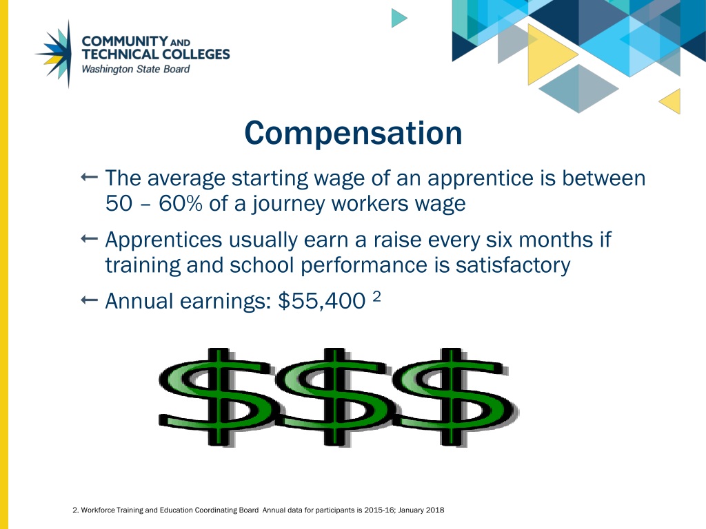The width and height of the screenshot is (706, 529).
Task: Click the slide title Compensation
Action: (x=353, y=133)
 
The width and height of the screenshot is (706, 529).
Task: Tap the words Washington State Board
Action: (x=135, y=69)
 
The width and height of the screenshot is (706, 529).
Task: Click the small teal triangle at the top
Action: (x=399, y=17)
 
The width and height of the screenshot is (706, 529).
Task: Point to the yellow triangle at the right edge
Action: (x=671, y=101)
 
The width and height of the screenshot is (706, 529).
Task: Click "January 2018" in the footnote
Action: (x=421, y=510)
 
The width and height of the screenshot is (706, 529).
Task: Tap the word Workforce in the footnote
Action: (x=97, y=510)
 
